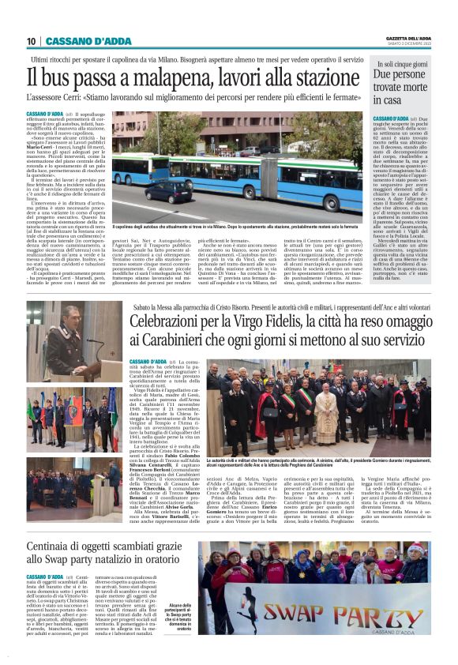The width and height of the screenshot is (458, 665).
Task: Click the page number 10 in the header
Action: click(x=32, y=41)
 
